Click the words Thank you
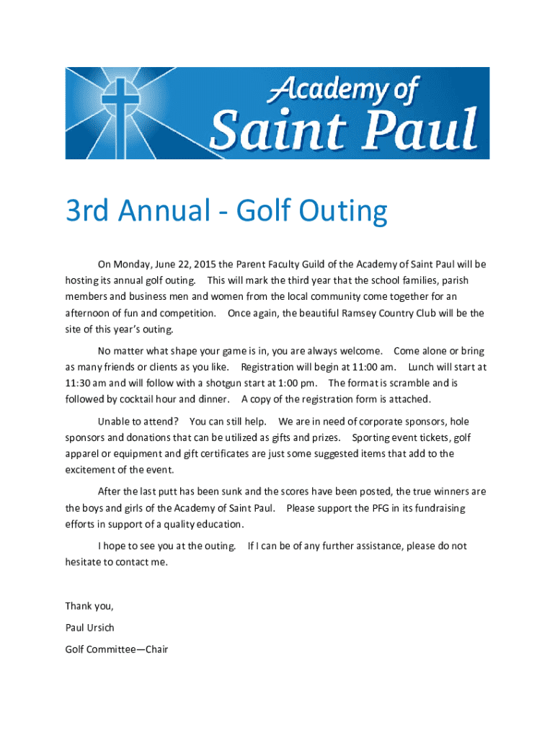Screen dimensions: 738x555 click(89, 605)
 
